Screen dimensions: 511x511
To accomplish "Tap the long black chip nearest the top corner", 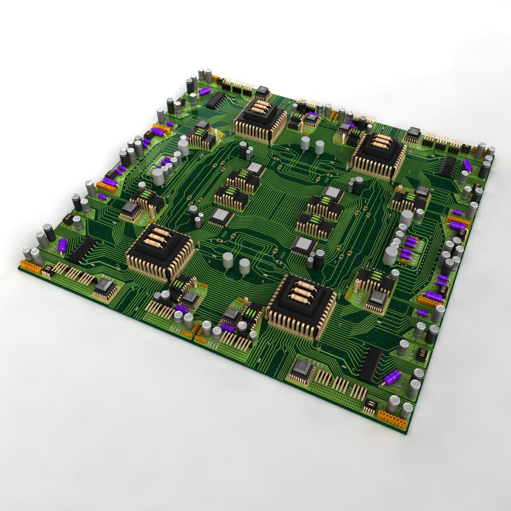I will [x=215, y=99].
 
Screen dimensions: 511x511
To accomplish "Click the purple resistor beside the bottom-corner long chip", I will [x=392, y=377].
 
